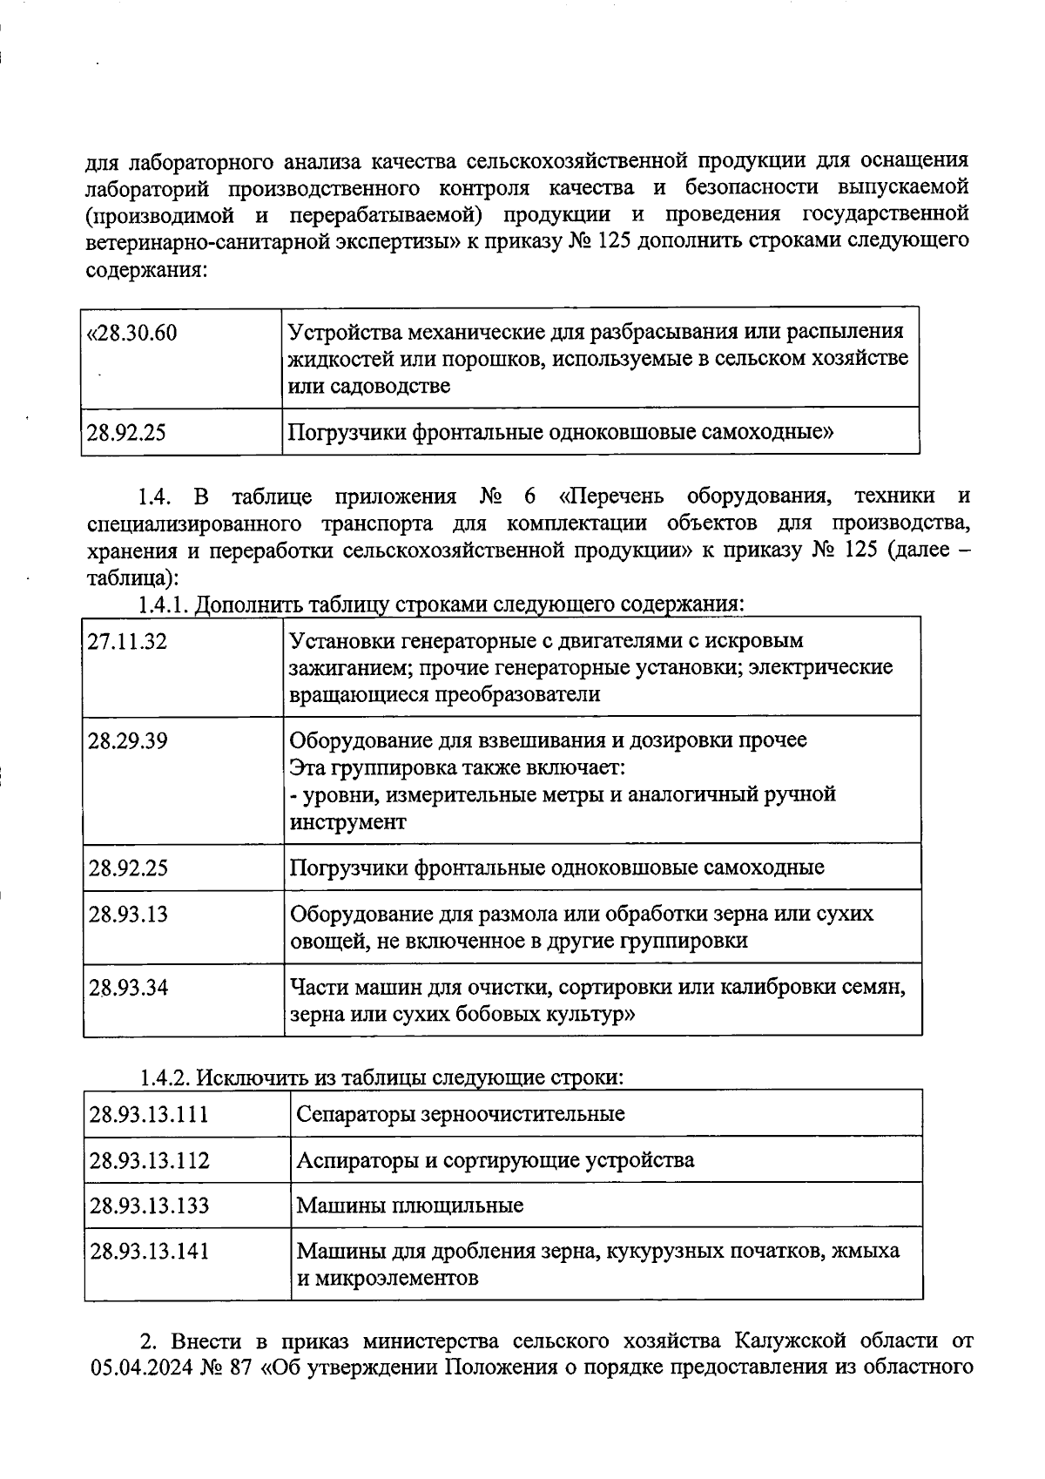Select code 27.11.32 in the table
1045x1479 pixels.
127,642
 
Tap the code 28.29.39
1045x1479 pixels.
127,741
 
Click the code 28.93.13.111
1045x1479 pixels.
149,1114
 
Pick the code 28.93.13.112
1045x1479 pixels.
149,1160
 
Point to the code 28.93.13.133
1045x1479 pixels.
149,1205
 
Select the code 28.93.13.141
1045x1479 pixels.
149,1252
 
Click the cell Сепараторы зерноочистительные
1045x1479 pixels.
461,1114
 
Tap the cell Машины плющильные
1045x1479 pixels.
410,1205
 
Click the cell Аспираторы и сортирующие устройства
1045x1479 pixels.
496,1160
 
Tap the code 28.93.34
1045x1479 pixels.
127,988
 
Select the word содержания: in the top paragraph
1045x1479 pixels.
145,269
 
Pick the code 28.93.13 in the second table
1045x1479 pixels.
127,915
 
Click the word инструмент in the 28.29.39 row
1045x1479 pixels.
347,822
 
